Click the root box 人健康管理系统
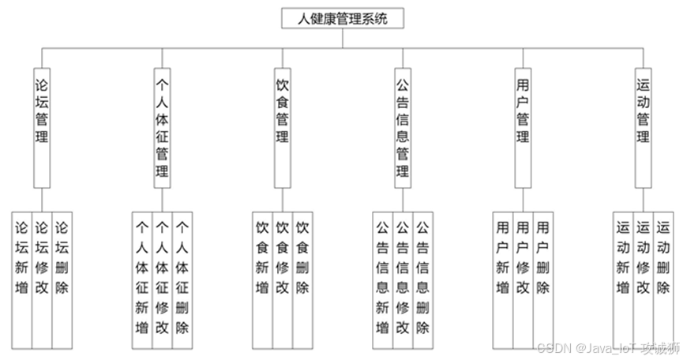(342, 18)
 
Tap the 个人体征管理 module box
(162, 126)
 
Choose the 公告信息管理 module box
(402, 126)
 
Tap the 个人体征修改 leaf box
(162, 276)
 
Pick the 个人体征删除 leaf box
(182, 276)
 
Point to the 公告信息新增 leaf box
(382, 276)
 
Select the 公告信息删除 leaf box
(422, 276)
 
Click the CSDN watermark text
(605, 348)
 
